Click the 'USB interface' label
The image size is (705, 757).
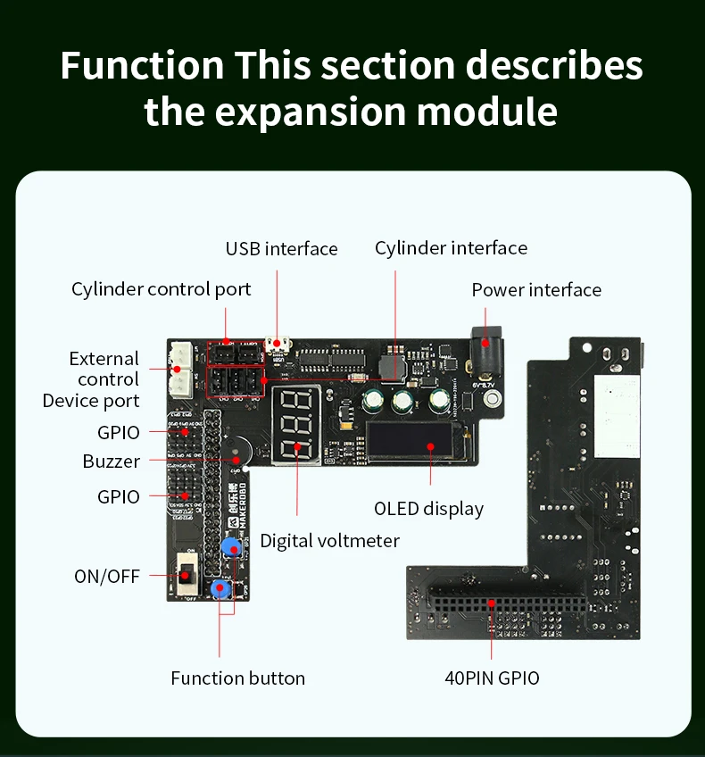pyautogui.click(x=281, y=249)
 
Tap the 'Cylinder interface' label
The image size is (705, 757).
pyautogui.click(x=451, y=248)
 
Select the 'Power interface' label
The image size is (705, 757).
pyautogui.click(x=536, y=290)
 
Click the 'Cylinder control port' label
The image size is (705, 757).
pyautogui.click(x=162, y=289)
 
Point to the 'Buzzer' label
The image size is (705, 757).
pyautogui.click(x=112, y=462)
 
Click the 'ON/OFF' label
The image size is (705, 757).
pyautogui.click(x=107, y=576)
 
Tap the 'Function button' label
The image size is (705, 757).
pyautogui.click(x=237, y=678)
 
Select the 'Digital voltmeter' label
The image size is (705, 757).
pyautogui.click(x=329, y=541)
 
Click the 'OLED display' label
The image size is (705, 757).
pyautogui.click(x=428, y=509)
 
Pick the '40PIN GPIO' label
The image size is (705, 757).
pyautogui.click(x=492, y=678)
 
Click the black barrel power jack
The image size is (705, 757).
pyautogui.click(x=486, y=349)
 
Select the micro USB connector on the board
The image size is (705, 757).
pyautogui.click(x=278, y=344)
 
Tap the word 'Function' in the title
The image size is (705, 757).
pyautogui.click(x=142, y=66)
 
